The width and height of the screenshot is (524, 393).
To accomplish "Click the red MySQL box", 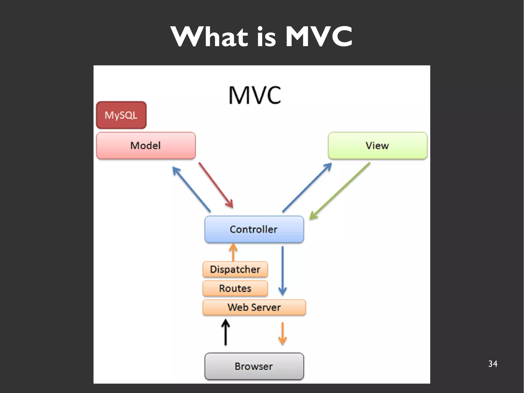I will pyautogui.click(x=121, y=115).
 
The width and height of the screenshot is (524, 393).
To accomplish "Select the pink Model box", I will pyautogui.click(x=146, y=145).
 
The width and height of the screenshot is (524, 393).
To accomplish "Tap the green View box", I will pyautogui.click(x=377, y=145).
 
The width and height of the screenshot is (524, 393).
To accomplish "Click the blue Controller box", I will pyautogui.click(x=254, y=229).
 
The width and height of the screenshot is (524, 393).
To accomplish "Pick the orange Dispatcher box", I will pyautogui.click(x=235, y=269).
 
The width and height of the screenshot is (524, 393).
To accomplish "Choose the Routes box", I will pyautogui.click(x=235, y=288).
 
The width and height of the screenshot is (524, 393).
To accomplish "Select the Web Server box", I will pyautogui.click(x=254, y=307).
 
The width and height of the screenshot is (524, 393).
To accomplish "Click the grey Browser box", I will pyautogui.click(x=254, y=366).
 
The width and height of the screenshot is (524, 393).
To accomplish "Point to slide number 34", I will pyautogui.click(x=493, y=364).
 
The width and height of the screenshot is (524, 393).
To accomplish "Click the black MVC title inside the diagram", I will pyautogui.click(x=255, y=95).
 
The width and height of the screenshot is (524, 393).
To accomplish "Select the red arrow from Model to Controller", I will pyautogui.click(x=216, y=185).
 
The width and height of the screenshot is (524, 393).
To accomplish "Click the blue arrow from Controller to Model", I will pyautogui.click(x=191, y=189).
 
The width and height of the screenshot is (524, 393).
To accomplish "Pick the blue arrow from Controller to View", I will pyautogui.click(x=307, y=187).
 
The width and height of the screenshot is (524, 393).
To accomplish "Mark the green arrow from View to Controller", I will pyautogui.click(x=340, y=191).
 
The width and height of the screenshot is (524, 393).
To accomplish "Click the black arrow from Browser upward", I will pyautogui.click(x=225, y=332).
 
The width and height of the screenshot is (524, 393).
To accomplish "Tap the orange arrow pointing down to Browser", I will pyautogui.click(x=282, y=334).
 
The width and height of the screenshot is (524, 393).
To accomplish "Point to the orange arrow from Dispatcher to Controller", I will pyautogui.click(x=233, y=252).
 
